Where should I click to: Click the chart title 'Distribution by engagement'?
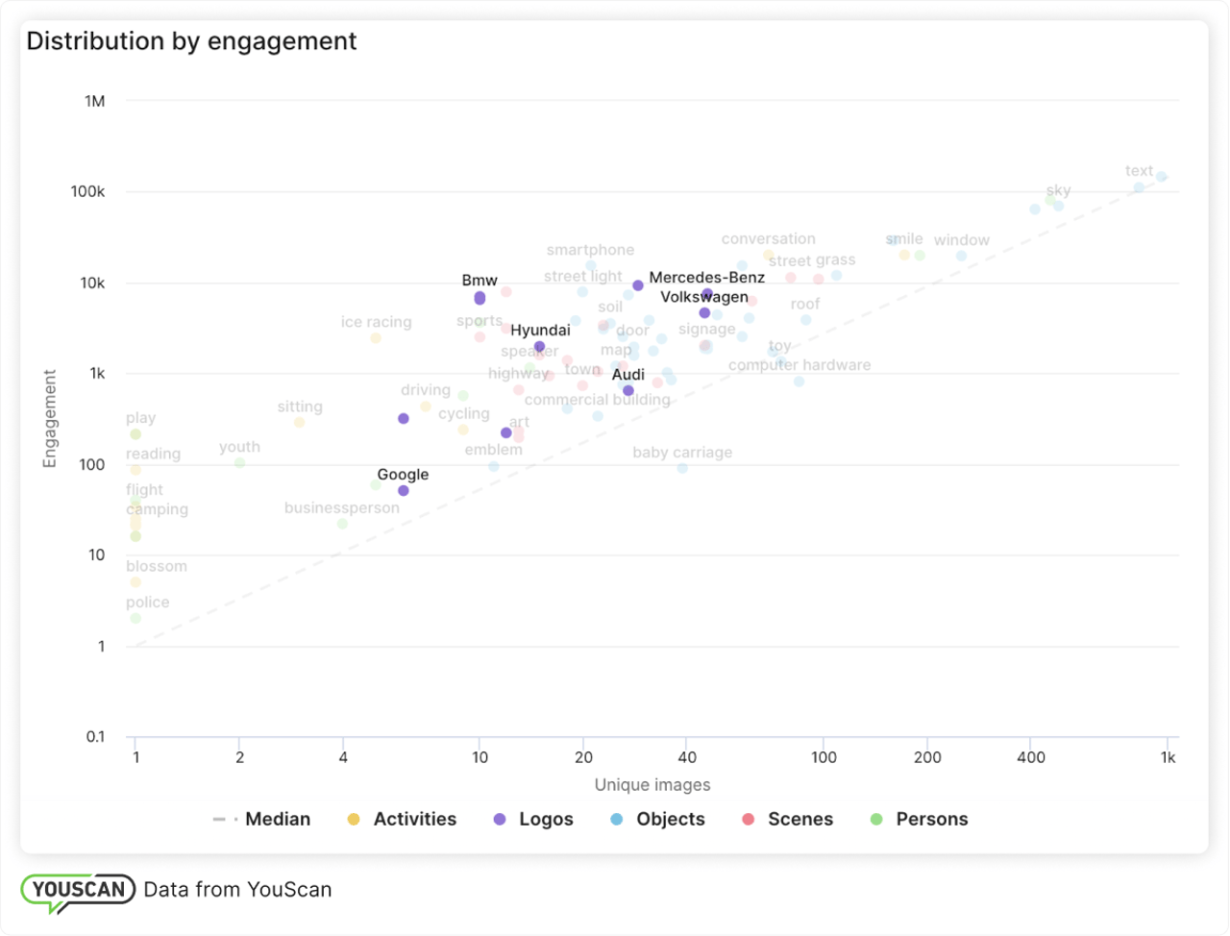(x=191, y=41)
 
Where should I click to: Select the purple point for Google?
(x=404, y=491)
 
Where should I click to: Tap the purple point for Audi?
(x=628, y=391)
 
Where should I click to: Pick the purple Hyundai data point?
(x=540, y=347)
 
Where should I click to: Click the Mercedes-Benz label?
(x=706, y=278)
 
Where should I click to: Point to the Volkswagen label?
(x=703, y=297)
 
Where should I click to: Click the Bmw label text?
(x=480, y=281)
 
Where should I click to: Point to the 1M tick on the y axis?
(x=94, y=101)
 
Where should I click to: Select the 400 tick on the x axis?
(x=1030, y=757)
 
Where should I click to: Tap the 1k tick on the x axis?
(x=1168, y=757)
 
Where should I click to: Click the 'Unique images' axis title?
(x=652, y=785)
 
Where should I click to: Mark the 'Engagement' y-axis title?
(x=50, y=419)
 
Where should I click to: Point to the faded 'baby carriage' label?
(x=682, y=453)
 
